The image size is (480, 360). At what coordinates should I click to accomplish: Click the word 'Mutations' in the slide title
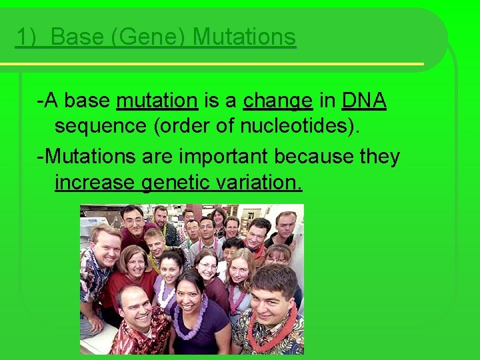pos(244,37)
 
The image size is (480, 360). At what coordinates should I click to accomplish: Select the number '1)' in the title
pos(27,37)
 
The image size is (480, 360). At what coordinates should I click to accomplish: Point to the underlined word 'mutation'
pos(157,101)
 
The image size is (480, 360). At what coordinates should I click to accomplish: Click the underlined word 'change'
pos(278,101)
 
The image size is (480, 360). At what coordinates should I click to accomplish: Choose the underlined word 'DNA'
pos(364,101)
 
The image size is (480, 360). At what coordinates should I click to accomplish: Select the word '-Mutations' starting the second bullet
pos(86,157)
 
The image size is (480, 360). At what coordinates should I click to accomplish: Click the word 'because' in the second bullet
pos(313,157)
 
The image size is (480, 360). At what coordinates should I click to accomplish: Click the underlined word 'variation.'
pos(262,182)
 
